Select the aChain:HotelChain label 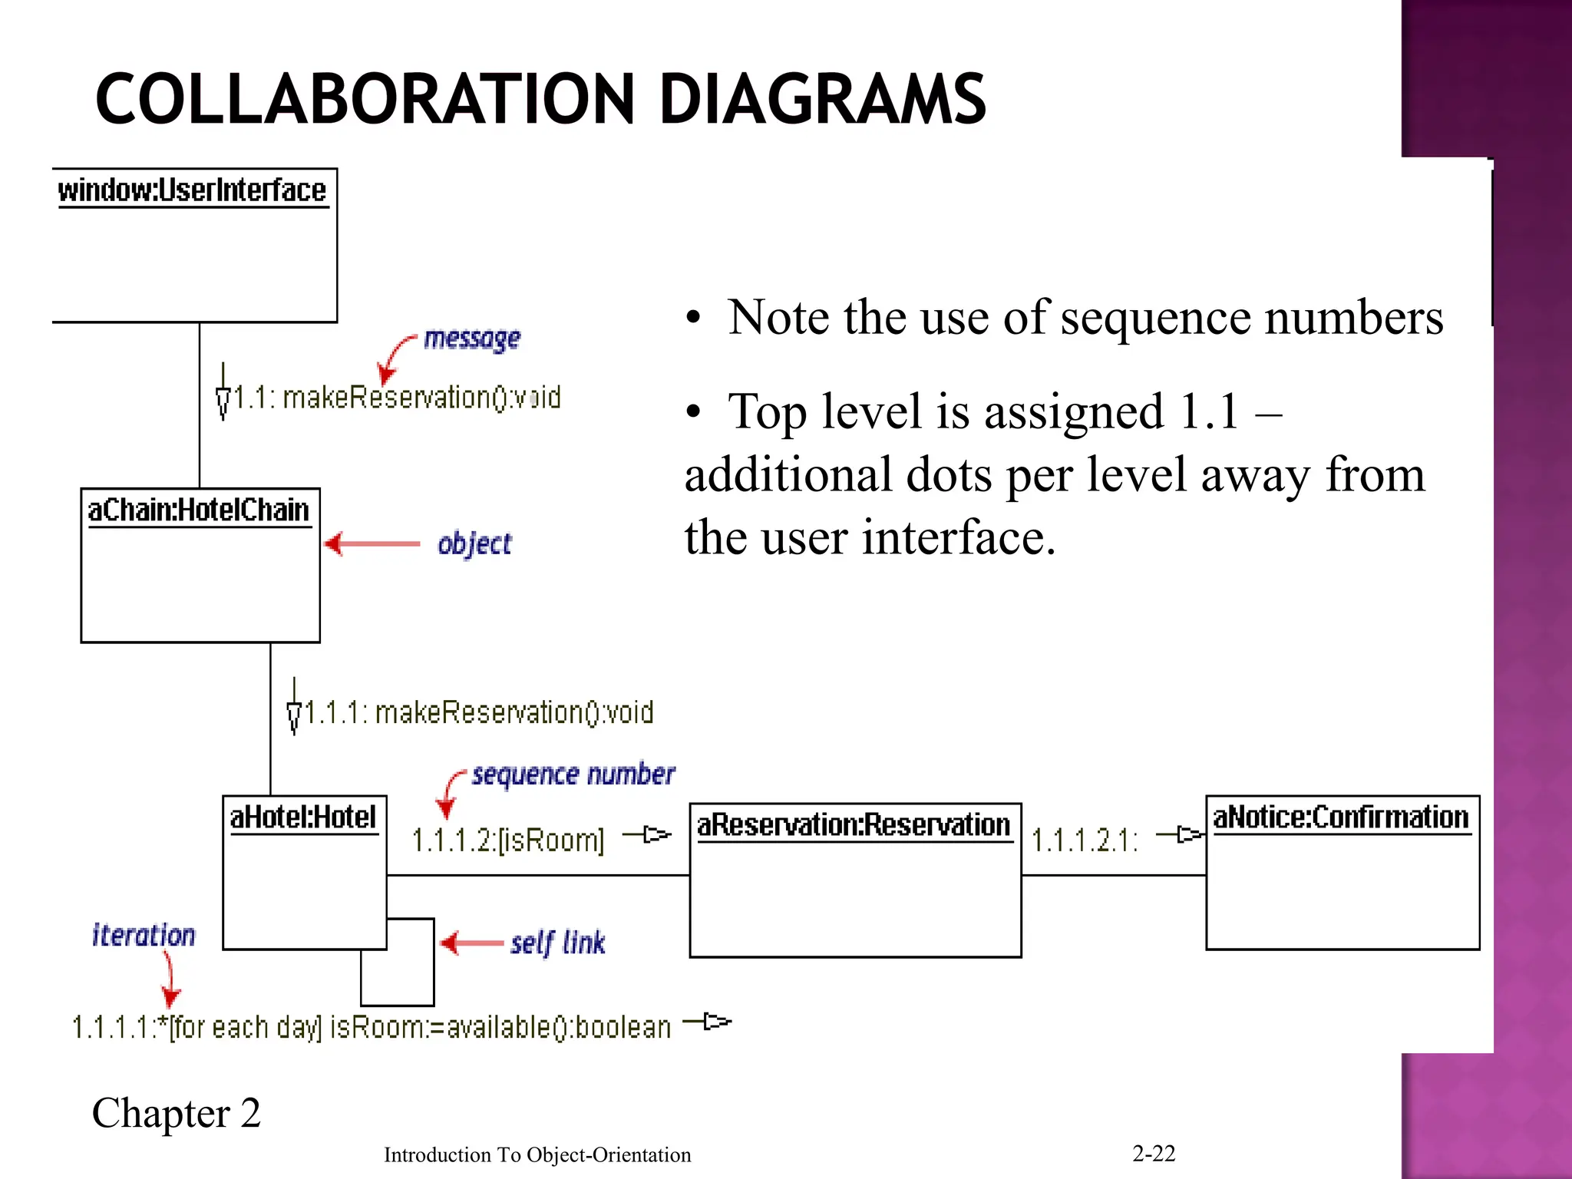(198, 510)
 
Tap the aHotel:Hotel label (303, 817)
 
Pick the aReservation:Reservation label (854, 825)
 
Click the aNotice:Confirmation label (1341, 817)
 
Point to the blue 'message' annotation (472, 339)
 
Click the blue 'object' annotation (474, 544)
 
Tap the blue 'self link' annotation (558, 943)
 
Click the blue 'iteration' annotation (144, 936)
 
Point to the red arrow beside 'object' (372, 544)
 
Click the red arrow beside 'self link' (472, 943)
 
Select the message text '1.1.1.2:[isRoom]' (508, 840)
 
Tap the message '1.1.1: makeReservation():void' (479, 713)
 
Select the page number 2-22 (1154, 1153)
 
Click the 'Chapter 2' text (177, 1113)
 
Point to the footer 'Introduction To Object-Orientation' (537, 1154)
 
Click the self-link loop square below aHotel (398, 975)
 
